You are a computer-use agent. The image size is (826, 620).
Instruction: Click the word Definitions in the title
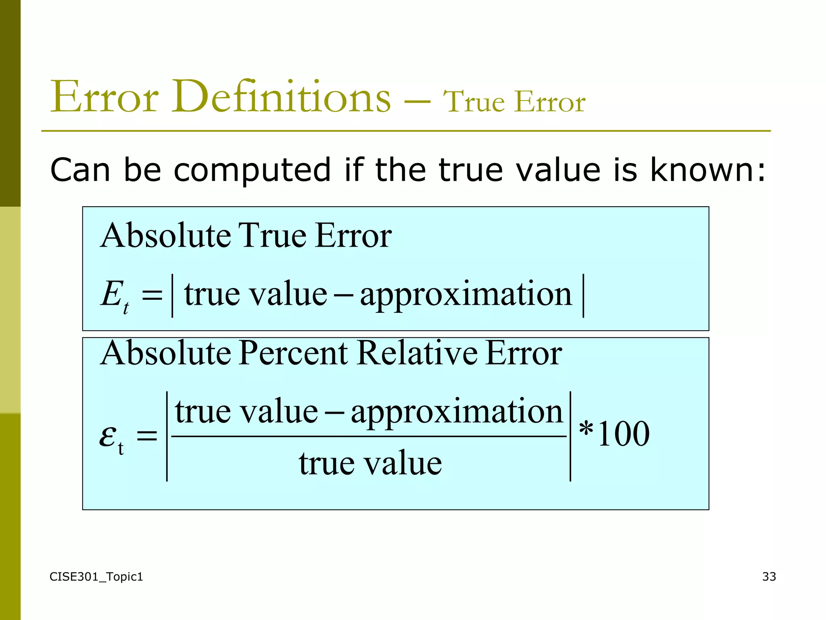coord(281,97)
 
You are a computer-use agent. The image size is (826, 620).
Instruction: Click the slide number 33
coord(769,576)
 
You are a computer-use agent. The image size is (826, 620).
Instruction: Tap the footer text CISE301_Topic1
coord(96,577)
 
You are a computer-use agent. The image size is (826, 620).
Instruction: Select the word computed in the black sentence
coord(252,170)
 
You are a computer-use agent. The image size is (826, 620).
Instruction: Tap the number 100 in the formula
coord(623,434)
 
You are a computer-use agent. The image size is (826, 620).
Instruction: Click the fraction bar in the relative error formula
coord(369,436)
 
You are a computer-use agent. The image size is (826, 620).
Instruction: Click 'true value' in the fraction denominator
coord(370,463)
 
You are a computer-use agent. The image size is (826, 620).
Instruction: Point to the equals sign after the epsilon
coord(147,436)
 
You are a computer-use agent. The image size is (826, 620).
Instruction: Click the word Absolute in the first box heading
coord(166,235)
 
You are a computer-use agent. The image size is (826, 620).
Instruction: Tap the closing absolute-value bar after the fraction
coord(570,436)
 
